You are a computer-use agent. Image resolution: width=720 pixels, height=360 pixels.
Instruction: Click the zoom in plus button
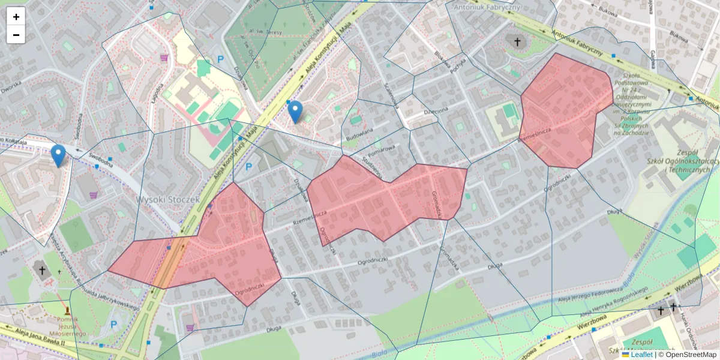pyautogui.click(x=16, y=17)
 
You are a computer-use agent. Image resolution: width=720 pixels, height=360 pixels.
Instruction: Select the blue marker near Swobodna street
pyautogui.click(x=58, y=155)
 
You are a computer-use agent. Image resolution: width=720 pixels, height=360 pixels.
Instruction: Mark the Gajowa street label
pyautogui.click(x=652, y=59)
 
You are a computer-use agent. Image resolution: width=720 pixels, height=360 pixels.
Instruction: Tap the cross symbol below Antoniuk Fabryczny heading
pyautogui.click(x=517, y=42)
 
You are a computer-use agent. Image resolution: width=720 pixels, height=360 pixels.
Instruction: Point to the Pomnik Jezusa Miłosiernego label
pyautogui.click(x=67, y=327)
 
